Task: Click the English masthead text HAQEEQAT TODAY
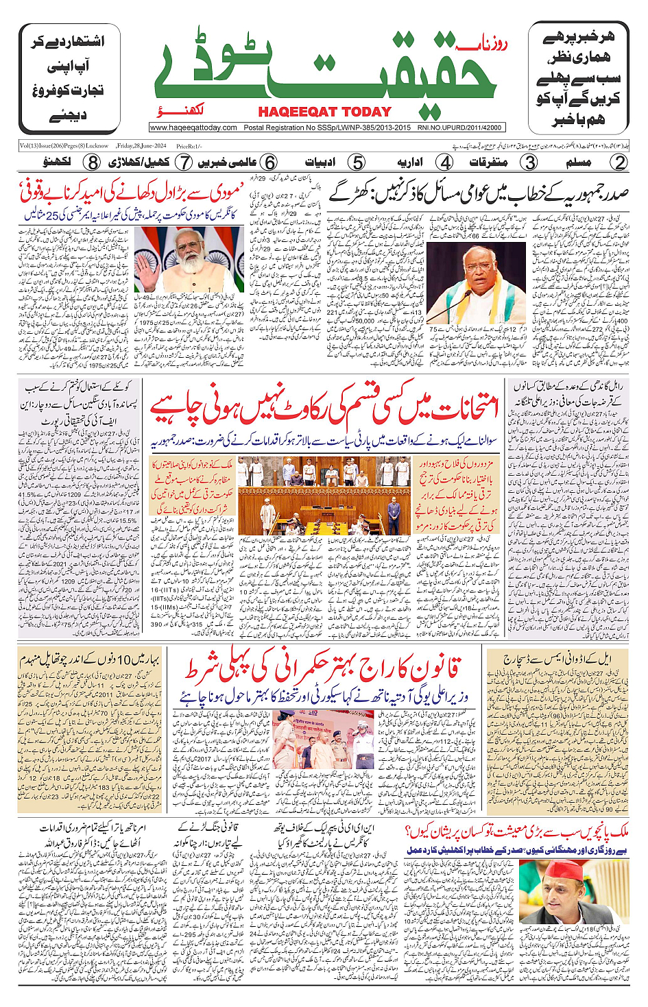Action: pyautogui.click(x=324, y=112)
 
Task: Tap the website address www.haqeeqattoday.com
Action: pyautogui.click(x=193, y=128)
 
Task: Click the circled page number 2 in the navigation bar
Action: pyautogui.click(x=619, y=162)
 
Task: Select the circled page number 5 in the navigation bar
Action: pyautogui.click(x=357, y=162)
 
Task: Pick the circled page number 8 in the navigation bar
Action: pyautogui.click(x=93, y=162)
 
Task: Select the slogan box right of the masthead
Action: pyautogui.click(x=578, y=79)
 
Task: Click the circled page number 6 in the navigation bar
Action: pyautogui.click(x=270, y=162)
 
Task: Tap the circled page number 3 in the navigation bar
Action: pyautogui.click(x=530, y=162)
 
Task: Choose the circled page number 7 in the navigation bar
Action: pyautogui.click(x=184, y=162)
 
